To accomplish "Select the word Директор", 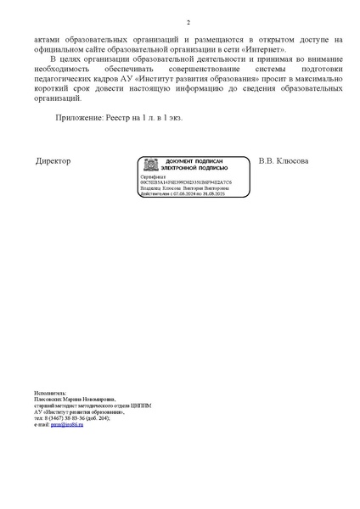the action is (x=53, y=161).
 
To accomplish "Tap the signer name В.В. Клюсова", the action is (x=284, y=161).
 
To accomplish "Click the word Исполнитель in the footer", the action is (x=49, y=394).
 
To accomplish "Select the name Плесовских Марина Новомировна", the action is (x=73, y=400).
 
